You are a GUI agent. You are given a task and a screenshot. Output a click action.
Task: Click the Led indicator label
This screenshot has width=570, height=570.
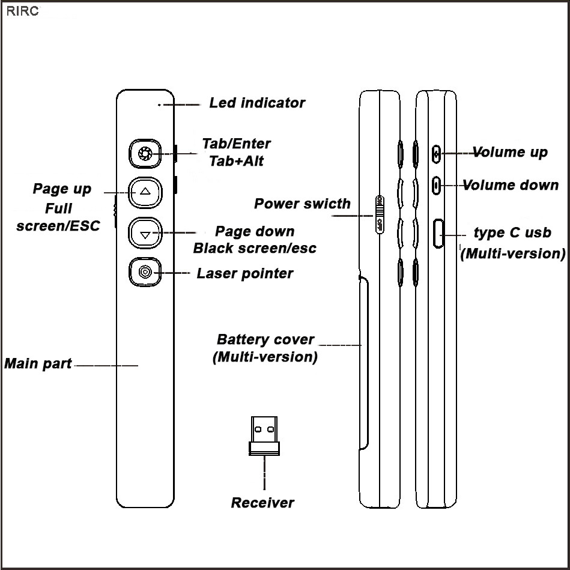(x=257, y=103)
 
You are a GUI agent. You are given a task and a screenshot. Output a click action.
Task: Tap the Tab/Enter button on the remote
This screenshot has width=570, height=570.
(x=145, y=153)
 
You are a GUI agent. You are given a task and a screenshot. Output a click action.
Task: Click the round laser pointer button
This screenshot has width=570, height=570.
(x=145, y=272)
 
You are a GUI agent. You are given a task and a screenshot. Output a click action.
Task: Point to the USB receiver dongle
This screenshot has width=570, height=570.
(x=263, y=435)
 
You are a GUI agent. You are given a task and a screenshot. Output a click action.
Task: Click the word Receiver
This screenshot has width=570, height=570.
(x=263, y=503)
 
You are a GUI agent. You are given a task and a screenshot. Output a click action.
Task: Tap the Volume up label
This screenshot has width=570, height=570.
(x=510, y=152)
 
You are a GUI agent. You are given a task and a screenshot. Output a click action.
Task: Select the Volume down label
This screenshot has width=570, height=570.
(x=511, y=185)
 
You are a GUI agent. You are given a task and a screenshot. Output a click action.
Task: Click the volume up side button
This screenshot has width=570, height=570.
(x=437, y=153)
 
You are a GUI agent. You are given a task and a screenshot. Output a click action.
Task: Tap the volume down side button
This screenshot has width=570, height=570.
(x=437, y=185)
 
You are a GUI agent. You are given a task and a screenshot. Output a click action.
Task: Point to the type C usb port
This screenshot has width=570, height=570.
(x=438, y=234)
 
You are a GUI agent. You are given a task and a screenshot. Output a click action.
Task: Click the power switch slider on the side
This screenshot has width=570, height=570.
(x=379, y=214)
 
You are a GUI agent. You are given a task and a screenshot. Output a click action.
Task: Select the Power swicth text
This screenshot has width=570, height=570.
(x=302, y=204)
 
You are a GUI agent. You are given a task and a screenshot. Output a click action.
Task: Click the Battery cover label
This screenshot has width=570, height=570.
(x=265, y=339)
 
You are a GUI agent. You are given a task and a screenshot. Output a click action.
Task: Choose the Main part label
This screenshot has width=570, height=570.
(x=38, y=363)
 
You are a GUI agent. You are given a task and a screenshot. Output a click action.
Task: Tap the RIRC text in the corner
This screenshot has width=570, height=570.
(x=22, y=12)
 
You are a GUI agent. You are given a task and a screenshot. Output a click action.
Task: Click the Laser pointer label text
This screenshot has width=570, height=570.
(x=245, y=274)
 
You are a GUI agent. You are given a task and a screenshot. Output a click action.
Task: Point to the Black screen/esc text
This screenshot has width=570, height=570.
(x=255, y=248)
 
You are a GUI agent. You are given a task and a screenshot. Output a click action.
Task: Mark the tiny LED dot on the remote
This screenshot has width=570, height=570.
(x=159, y=105)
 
